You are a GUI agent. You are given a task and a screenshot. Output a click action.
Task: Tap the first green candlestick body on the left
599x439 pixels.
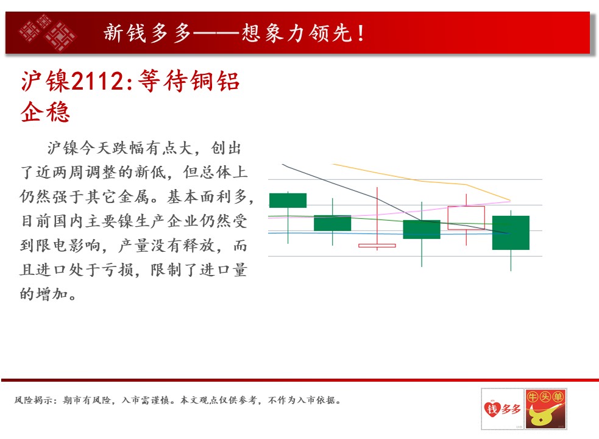(x=288, y=201)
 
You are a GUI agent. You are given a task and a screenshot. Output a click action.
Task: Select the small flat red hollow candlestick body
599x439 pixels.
(x=377, y=246)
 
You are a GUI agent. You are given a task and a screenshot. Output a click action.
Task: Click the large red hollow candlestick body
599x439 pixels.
(x=466, y=218)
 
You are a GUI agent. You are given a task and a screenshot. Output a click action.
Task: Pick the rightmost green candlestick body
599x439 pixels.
(x=511, y=232)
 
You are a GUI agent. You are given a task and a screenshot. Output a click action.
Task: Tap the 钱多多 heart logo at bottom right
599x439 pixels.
(x=502, y=409)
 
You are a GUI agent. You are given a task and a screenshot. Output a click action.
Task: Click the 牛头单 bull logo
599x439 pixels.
(x=545, y=409)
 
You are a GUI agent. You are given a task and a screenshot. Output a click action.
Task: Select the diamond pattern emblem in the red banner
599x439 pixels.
(x=48, y=33)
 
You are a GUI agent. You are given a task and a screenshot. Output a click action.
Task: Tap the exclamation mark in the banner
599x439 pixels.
(x=361, y=33)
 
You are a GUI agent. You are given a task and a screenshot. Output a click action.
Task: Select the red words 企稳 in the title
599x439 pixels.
(x=46, y=112)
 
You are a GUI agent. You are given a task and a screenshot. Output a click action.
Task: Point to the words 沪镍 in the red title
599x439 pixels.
(x=46, y=81)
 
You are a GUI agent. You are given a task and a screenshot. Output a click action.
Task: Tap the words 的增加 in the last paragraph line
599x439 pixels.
(x=44, y=294)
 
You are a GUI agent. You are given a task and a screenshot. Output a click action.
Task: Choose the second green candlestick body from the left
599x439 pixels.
(x=332, y=223)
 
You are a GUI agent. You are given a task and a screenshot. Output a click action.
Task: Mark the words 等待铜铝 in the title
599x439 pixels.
(x=189, y=81)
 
